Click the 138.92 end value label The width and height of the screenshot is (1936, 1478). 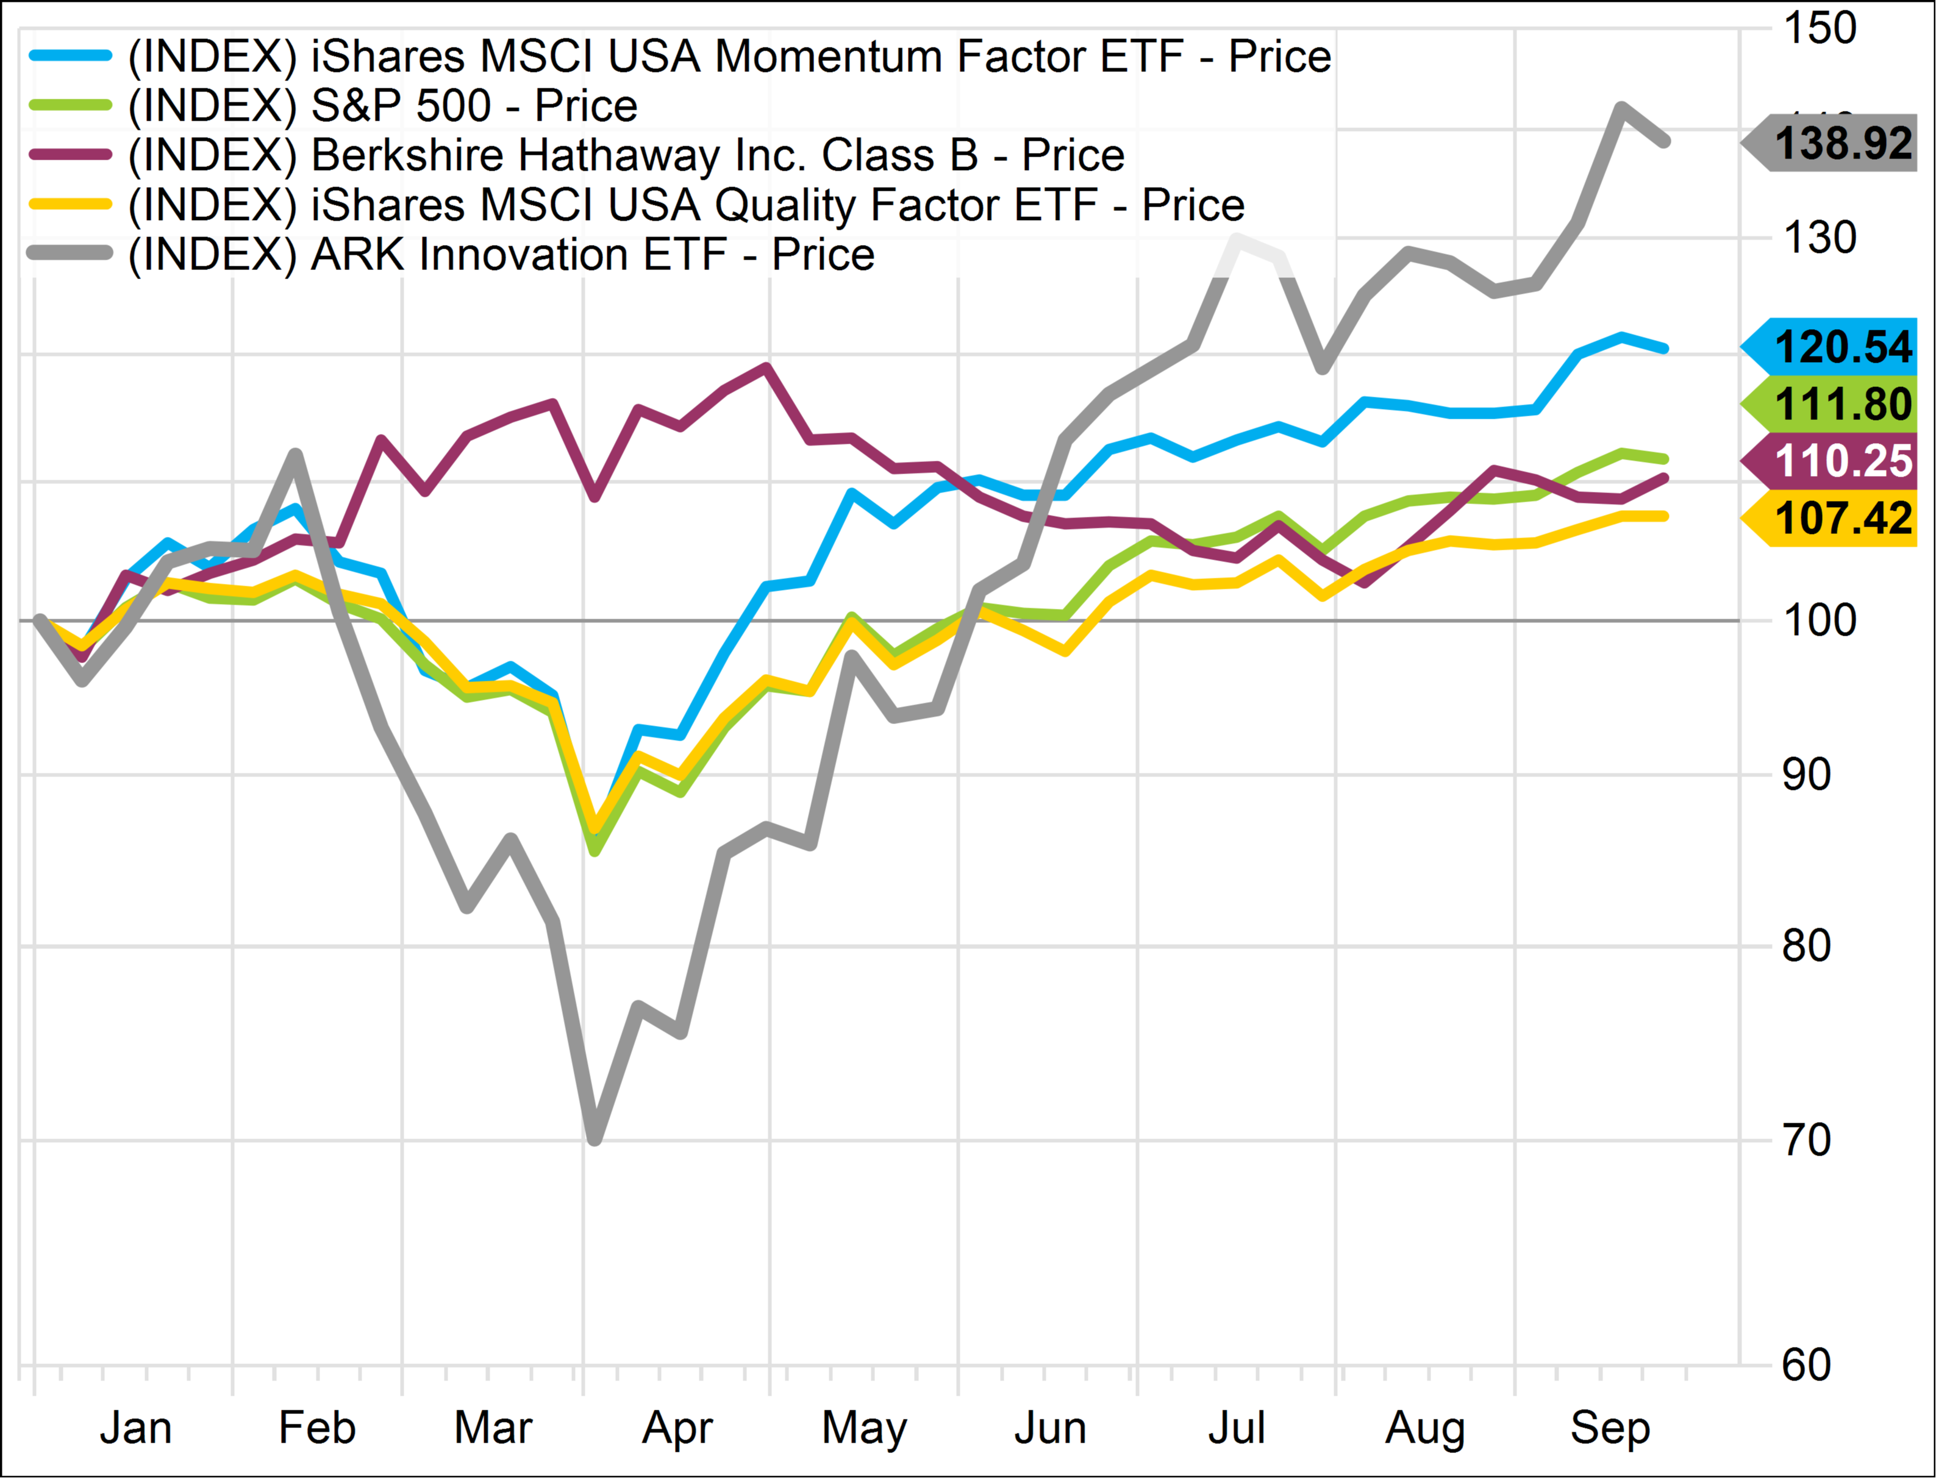(1842, 143)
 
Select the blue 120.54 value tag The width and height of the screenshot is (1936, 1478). (1842, 347)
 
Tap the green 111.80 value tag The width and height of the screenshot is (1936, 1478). (1842, 404)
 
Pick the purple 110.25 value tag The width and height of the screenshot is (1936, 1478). (1842, 460)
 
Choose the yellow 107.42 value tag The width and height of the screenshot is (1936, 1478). (1842, 517)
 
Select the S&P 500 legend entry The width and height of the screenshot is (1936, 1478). (383, 105)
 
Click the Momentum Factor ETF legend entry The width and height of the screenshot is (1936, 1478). (729, 56)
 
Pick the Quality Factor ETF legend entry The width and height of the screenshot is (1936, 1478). (687, 205)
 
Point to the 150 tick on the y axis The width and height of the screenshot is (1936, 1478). (1819, 27)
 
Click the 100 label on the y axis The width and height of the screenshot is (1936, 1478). (1819, 620)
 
